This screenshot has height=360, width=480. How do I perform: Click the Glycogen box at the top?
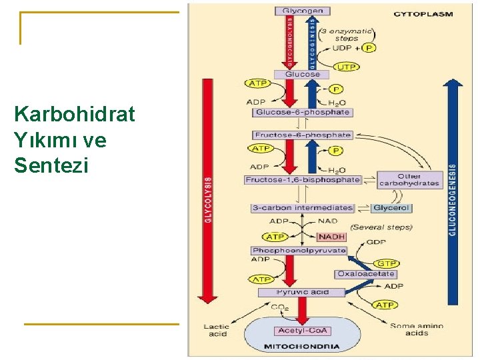[x=303, y=11]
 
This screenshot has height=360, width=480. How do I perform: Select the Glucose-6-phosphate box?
[x=302, y=112]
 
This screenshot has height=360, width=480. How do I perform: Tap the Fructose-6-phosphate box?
[x=302, y=135]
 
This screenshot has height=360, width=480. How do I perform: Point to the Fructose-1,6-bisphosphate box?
[x=303, y=179]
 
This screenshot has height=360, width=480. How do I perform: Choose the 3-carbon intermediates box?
[x=302, y=208]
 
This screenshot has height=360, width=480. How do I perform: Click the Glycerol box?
[x=391, y=208]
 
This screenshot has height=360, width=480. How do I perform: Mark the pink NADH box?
[x=331, y=237]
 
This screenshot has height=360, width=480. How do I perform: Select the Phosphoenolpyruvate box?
[x=299, y=251]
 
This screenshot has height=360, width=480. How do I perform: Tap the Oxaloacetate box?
[x=366, y=274]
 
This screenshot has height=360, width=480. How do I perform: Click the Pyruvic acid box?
[x=302, y=292]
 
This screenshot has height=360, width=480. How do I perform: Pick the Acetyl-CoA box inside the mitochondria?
[x=302, y=331]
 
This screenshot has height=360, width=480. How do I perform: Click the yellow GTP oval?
[x=387, y=264]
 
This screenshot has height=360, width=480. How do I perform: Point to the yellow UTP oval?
[x=347, y=67]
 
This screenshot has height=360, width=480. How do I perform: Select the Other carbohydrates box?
[x=410, y=179]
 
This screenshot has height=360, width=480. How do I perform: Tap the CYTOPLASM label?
[x=423, y=13]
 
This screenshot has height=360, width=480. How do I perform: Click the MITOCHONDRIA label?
[x=302, y=347]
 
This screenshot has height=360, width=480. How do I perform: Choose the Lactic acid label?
[x=216, y=329]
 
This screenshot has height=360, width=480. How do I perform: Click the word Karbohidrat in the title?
[x=74, y=115]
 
